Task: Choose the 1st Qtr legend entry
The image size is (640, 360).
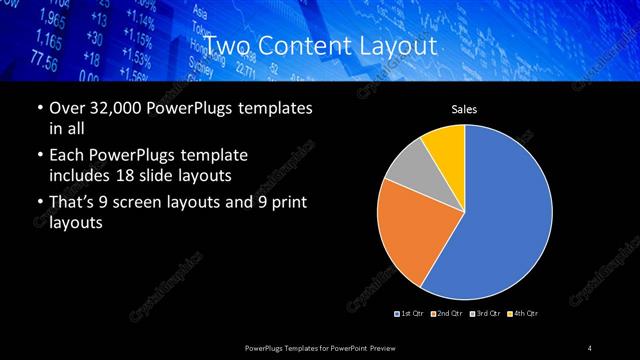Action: coord(412,314)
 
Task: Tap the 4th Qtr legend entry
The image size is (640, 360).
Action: coord(521,314)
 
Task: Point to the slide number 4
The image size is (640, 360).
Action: coord(590,347)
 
